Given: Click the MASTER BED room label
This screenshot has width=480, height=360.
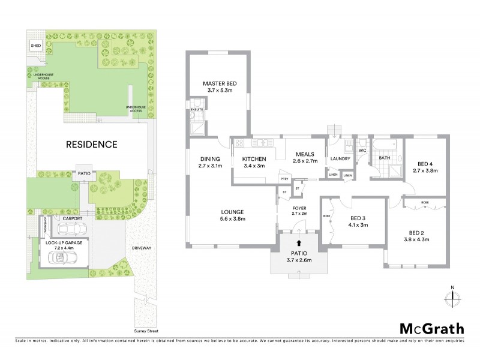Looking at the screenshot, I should [x=217, y=83].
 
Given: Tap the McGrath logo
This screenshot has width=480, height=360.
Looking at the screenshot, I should [x=431, y=328].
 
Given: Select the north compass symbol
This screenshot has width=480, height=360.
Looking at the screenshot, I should [x=453, y=296].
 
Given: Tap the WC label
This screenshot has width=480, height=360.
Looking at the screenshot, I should [x=362, y=150].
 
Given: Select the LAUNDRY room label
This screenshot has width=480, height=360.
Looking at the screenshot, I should [x=340, y=159].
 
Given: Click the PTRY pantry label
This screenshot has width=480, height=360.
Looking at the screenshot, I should [x=283, y=179].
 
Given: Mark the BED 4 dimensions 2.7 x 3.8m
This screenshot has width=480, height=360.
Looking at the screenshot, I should [x=425, y=170].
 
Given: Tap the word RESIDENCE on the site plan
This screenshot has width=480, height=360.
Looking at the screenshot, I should [x=91, y=145].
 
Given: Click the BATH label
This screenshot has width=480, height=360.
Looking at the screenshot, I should [x=384, y=158].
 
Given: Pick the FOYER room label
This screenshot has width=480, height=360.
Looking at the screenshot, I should [x=299, y=207].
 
